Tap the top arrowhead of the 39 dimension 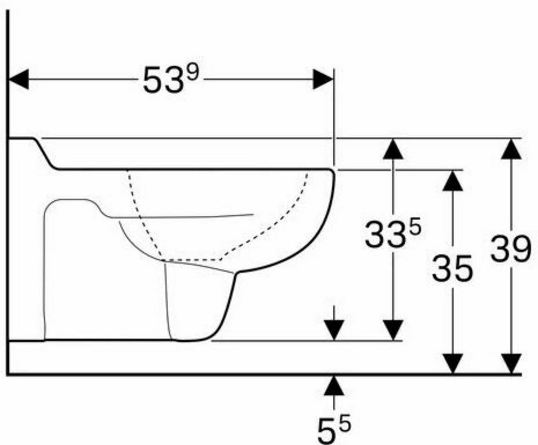(511, 149)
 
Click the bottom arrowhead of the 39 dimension (511, 364)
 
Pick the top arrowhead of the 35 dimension (453, 181)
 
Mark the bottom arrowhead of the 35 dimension (453, 364)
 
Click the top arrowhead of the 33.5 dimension (393, 149)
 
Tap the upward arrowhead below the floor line (334, 386)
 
